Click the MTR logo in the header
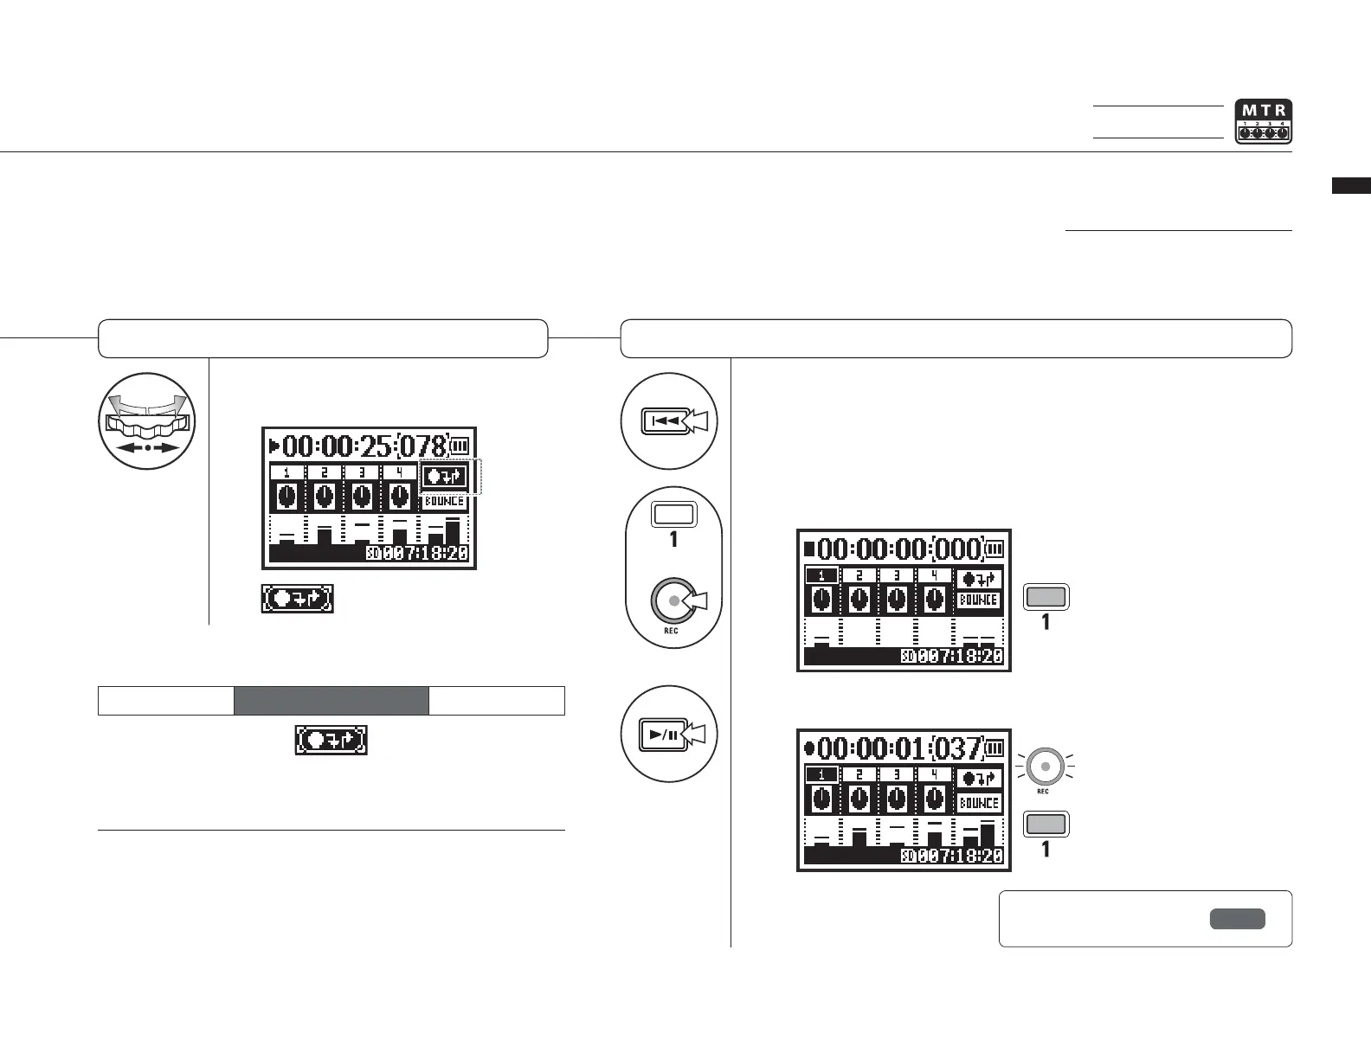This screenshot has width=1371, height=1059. [1263, 121]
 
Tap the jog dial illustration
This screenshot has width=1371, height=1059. [147, 421]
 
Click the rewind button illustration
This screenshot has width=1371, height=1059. [669, 421]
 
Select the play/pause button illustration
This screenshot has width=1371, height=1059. [669, 735]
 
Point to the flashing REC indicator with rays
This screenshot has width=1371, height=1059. [1046, 766]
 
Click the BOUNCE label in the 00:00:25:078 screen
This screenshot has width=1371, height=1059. [445, 502]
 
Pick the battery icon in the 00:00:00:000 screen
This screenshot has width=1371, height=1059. [995, 549]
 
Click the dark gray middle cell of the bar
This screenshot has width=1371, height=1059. [331, 701]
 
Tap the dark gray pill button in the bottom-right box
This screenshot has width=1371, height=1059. [1237, 919]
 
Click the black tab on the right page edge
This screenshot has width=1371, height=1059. [1351, 185]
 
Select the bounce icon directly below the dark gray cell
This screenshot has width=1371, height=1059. [331, 741]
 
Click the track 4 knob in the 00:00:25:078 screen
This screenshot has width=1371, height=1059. [399, 497]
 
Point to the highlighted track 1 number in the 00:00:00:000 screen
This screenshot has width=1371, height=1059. [821, 575]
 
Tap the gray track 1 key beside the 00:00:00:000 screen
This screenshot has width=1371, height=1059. [1046, 596]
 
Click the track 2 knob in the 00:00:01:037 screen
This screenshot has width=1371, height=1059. [859, 798]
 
